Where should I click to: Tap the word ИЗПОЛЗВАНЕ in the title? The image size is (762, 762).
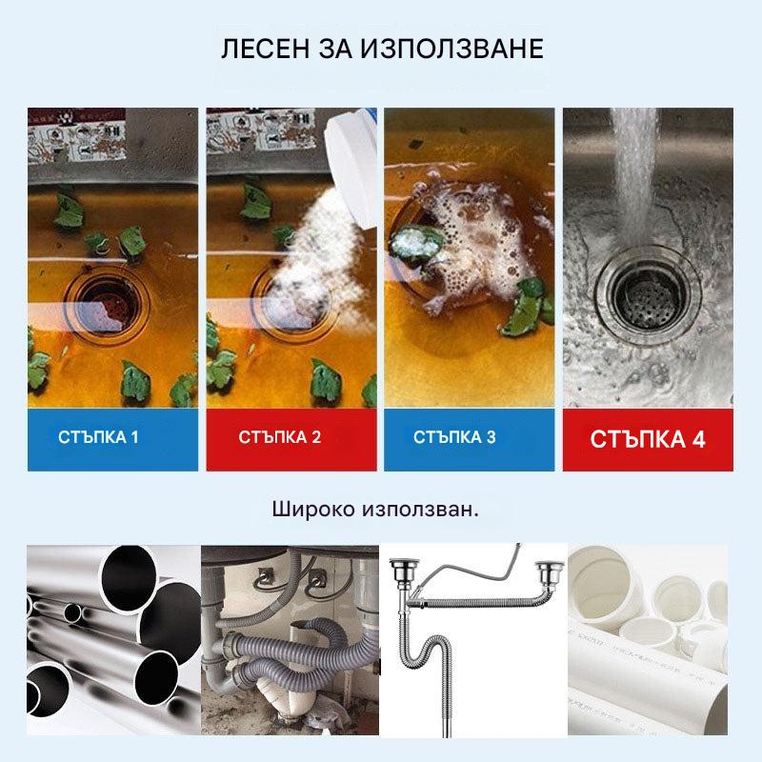coord(451,49)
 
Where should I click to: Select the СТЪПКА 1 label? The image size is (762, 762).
coord(98,437)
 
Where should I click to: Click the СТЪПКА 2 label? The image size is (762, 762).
coord(279,437)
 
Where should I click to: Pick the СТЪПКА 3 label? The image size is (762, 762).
coord(454,437)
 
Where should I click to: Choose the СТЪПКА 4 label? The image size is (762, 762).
coord(648,439)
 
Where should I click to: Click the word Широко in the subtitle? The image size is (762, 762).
coord(313,510)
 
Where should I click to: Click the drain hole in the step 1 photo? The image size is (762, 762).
coord(106,304)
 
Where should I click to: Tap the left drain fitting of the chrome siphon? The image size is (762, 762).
coord(402,573)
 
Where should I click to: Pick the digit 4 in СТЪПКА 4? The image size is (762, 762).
coord(699,439)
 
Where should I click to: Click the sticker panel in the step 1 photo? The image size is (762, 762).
coord(76,135)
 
